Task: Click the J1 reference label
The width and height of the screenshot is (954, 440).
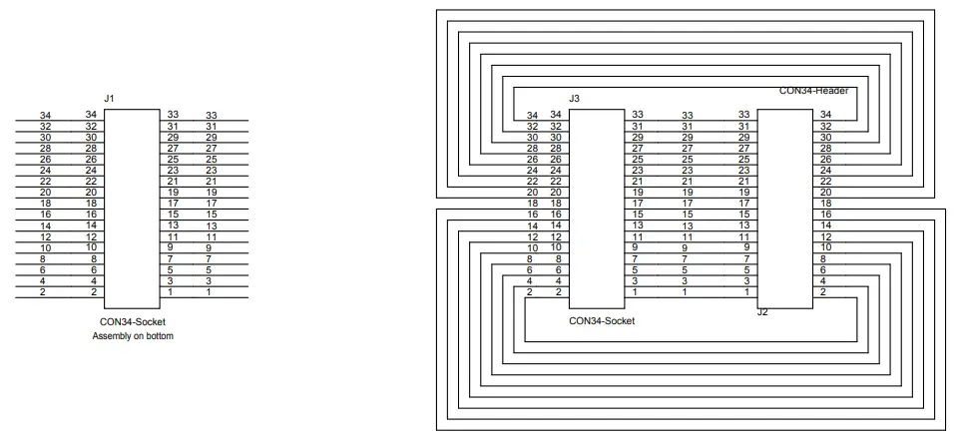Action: (110, 98)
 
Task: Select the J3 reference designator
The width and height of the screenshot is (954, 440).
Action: (574, 99)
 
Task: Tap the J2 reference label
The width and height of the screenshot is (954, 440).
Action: (762, 312)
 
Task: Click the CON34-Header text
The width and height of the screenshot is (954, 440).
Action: (813, 91)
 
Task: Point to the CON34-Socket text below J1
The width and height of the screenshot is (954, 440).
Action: (132, 321)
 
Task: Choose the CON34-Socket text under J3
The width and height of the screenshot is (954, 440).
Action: (601, 321)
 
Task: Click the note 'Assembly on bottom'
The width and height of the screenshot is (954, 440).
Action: (132, 336)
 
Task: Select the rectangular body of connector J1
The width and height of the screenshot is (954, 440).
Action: (131, 209)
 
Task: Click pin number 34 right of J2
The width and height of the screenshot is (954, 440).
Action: (824, 115)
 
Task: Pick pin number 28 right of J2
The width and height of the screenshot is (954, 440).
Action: (824, 148)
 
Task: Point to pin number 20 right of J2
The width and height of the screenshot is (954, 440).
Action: (824, 192)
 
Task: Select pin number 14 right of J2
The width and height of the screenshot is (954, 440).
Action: (824, 225)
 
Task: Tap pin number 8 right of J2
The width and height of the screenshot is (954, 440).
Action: (824, 258)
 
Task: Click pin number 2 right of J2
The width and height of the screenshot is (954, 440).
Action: (823, 292)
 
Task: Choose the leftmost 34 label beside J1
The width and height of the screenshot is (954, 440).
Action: (45, 116)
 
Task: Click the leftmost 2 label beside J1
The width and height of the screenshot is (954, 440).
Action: (45, 292)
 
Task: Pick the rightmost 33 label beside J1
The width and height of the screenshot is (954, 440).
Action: (211, 116)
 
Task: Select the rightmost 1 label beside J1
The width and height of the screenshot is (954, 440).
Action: (210, 292)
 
